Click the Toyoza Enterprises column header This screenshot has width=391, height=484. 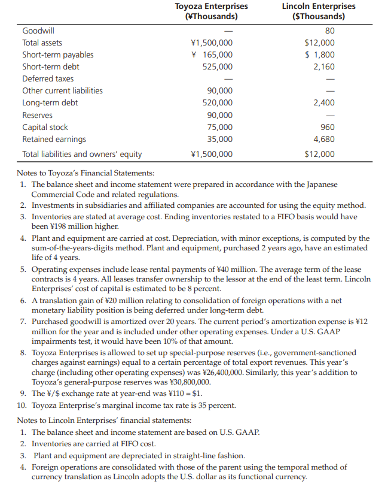point(211,11)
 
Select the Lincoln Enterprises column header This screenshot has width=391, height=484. point(318,11)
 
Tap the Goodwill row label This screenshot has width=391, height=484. point(37,31)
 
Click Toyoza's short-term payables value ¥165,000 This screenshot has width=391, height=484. point(211,55)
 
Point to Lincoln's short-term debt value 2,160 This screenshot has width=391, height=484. point(325,66)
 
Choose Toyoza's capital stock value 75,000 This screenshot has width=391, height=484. point(219,127)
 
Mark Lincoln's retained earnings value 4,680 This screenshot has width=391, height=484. point(325,139)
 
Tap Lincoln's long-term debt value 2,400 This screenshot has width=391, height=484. point(325,103)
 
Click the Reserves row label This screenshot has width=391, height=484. point(37,115)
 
